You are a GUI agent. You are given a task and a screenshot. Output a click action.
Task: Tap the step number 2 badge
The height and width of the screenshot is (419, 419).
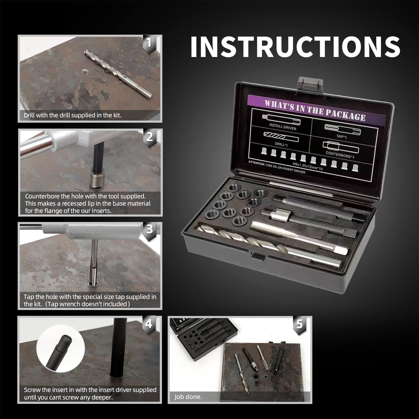pyautogui.click(x=150, y=137)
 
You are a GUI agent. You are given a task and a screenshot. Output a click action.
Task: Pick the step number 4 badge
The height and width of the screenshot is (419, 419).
pyautogui.click(x=149, y=324)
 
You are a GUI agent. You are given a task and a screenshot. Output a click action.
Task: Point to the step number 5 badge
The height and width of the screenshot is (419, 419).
pyautogui.click(x=299, y=324)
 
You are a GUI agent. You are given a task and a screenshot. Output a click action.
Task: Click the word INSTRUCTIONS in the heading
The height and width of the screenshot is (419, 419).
pyautogui.click(x=295, y=47)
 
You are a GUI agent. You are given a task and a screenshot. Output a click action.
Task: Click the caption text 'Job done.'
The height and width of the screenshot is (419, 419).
pyautogui.click(x=188, y=397)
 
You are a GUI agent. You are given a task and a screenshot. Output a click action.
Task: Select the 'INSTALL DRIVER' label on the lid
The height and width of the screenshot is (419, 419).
pyautogui.click(x=282, y=127)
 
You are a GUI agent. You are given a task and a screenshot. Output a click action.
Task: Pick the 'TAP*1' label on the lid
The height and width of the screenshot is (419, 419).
pyautogui.click(x=341, y=137)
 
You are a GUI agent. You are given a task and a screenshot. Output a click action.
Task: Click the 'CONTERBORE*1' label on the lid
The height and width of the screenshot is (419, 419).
pyautogui.click(x=340, y=155)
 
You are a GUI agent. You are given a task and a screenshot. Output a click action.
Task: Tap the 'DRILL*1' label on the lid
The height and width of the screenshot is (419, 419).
pyautogui.click(x=281, y=144)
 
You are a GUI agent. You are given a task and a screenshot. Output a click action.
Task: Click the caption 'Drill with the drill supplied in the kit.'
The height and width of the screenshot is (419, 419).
pyautogui.click(x=73, y=115)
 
